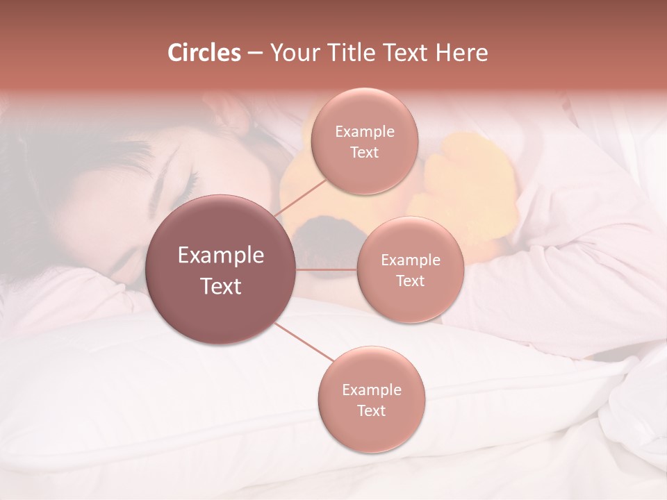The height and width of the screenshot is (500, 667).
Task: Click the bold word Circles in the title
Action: pos(204,53)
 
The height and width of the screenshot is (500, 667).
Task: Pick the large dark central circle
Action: pos(221,269)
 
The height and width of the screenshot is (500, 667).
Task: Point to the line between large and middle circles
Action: pos(327,269)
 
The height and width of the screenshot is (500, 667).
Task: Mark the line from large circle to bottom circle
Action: pos(303,342)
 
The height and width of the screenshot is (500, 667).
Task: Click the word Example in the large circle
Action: pos(221,256)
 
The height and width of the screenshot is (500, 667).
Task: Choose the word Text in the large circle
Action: pos(221,286)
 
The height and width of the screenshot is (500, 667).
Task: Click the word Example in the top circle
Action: pos(364,132)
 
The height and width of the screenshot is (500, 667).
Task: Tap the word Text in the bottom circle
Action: pos(371,411)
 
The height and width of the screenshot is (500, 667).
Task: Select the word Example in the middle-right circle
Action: pos(410,260)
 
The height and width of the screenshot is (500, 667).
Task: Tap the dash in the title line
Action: pos(254,53)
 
